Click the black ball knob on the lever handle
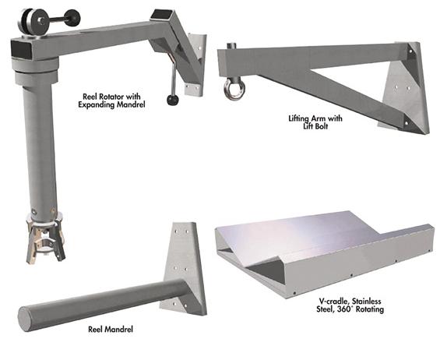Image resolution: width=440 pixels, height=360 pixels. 173,100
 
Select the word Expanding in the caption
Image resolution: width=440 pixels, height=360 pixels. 96,105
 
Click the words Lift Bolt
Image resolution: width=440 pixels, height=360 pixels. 315,126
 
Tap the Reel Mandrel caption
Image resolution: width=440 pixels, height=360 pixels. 111,329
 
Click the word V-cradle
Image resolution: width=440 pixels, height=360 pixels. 333,302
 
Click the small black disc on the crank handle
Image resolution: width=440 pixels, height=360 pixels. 72,18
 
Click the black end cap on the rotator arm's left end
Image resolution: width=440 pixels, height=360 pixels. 20,49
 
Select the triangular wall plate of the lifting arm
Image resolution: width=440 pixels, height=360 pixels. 405,87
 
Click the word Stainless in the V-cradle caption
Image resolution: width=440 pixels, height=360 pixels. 367,302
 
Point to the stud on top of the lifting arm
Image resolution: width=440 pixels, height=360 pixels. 231,45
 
